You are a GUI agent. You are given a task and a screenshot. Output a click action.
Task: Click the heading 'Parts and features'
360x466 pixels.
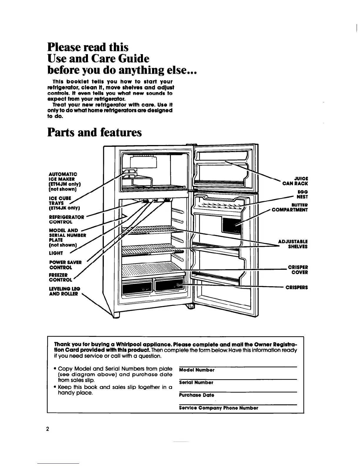pyautogui.click(x=94, y=132)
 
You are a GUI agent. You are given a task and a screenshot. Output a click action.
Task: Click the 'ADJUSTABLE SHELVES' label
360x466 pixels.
pyautogui.click(x=293, y=244)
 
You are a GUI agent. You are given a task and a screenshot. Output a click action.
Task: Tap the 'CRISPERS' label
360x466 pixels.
pyautogui.click(x=297, y=287)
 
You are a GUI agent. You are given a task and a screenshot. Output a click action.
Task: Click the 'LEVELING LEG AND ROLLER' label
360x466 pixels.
pyautogui.click(x=65, y=291)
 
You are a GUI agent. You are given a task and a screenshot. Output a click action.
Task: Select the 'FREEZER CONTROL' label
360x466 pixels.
pyautogui.click(x=60, y=277)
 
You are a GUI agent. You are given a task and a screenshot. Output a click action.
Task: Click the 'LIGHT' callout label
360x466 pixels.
pyautogui.click(x=56, y=253)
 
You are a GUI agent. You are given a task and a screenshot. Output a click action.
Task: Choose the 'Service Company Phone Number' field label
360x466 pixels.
pyautogui.click(x=219, y=408)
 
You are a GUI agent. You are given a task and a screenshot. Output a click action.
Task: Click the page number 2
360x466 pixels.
pyautogui.click(x=47, y=429)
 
